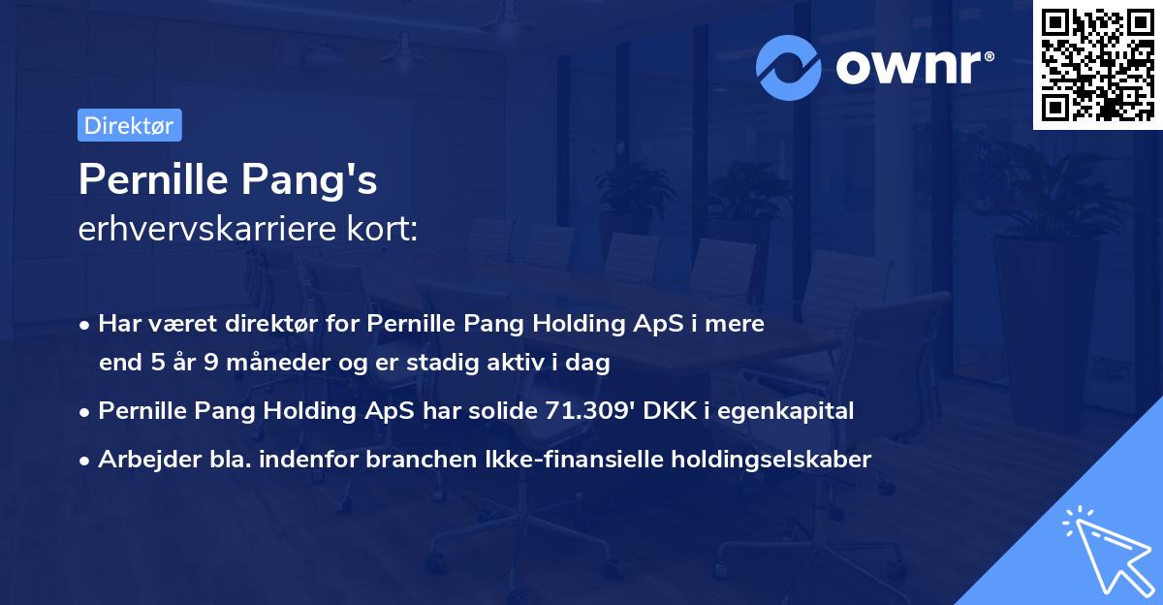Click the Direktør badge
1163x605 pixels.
point(129,125)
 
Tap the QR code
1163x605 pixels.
point(1097,65)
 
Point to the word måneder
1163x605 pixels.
point(250,364)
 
